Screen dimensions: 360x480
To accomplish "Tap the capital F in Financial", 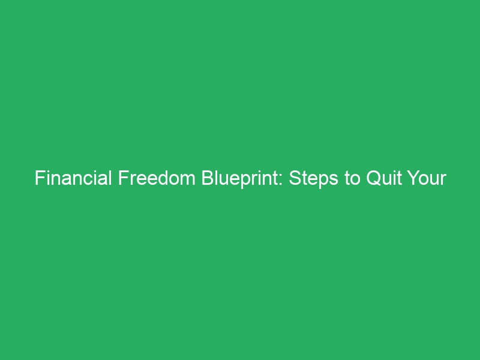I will pos(39,179).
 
